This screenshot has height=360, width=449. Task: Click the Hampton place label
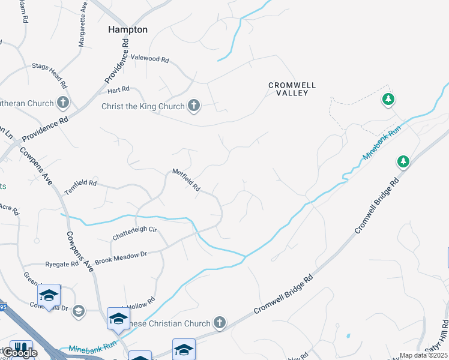(x=127, y=29)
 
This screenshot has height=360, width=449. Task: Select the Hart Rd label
(x=118, y=89)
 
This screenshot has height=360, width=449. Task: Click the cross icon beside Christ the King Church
(x=193, y=106)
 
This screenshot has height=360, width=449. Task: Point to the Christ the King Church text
(x=142, y=107)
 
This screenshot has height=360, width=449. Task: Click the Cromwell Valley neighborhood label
(x=292, y=89)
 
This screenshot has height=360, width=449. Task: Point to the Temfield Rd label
(x=80, y=183)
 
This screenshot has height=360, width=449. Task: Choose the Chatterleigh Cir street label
(x=134, y=233)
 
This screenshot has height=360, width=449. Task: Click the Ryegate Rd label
(x=62, y=264)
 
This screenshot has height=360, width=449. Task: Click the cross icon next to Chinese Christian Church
(x=220, y=323)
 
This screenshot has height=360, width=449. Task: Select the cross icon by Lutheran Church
(x=63, y=103)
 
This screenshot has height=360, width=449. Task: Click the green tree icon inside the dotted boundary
(x=388, y=99)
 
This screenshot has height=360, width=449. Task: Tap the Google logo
(x=19, y=352)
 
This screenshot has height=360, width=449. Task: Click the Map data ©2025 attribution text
(x=423, y=355)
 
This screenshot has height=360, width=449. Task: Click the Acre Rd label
(x=10, y=210)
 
